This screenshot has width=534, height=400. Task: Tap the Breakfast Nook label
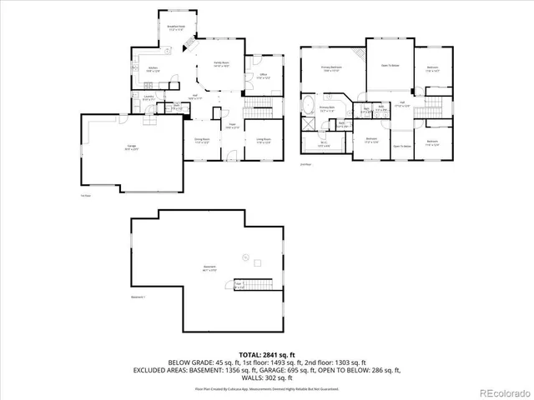click(175, 27)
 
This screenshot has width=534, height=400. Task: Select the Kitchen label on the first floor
click(154, 69)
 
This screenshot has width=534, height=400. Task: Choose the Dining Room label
click(201, 140)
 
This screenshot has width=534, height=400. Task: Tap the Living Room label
click(263, 140)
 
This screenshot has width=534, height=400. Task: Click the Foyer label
click(232, 127)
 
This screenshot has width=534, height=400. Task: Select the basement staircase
click(254, 283)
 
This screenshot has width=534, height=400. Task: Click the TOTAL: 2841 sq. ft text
click(267, 354)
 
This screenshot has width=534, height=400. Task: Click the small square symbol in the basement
click(244, 256)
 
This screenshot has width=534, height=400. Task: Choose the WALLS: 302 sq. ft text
click(267, 377)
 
